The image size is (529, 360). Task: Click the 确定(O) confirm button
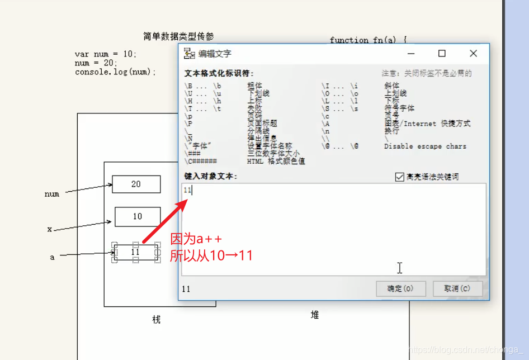[x=401, y=288]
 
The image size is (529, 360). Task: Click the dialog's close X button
[x=473, y=54]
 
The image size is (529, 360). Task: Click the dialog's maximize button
[x=442, y=54]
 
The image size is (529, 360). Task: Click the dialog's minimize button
[x=411, y=54]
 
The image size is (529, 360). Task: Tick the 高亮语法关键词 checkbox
[x=399, y=177]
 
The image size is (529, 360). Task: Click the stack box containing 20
[x=136, y=184]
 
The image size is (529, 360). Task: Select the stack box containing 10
[x=137, y=216]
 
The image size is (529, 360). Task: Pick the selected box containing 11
[x=135, y=252]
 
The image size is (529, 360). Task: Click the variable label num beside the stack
[x=52, y=195]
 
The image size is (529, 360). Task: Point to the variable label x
[x=50, y=229]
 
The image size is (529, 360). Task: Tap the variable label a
[x=53, y=257]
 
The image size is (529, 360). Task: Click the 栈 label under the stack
[x=156, y=320]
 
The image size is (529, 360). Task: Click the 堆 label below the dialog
[x=314, y=315]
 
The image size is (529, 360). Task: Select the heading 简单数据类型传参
[x=178, y=36]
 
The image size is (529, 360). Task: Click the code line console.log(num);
[x=116, y=72]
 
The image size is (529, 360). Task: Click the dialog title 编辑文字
[x=215, y=54]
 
